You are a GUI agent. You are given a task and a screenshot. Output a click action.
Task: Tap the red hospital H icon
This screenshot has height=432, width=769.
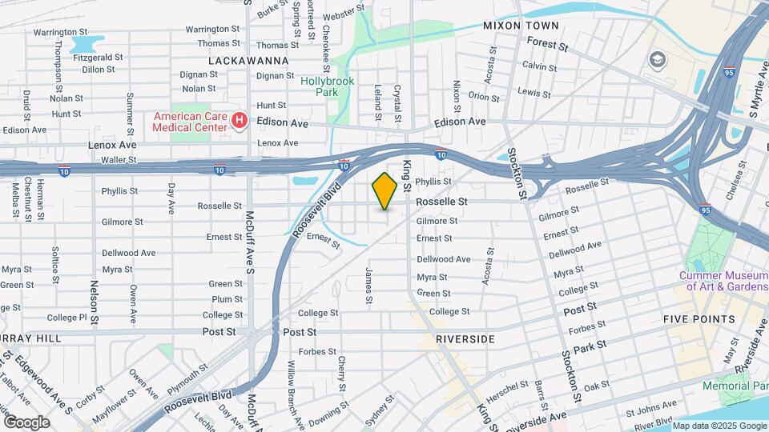click(x=238, y=122)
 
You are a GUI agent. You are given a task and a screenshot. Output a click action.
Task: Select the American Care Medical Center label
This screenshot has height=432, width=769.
click(x=189, y=122)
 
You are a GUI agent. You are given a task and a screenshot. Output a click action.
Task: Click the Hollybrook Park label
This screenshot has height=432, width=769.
click(x=320, y=86)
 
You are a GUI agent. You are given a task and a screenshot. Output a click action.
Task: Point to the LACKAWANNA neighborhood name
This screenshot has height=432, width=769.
click(x=243, y=60)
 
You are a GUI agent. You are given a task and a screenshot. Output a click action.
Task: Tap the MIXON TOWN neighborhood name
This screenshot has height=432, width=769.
click(x=520, y=26)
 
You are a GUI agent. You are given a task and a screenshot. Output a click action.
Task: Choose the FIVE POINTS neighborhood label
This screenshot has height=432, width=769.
click(x=699, y=319)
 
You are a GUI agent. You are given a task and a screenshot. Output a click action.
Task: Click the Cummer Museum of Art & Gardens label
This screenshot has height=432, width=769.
click(x=723, y=281)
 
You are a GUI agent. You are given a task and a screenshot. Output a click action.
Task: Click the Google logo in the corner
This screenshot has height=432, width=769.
click(x=26, y=422)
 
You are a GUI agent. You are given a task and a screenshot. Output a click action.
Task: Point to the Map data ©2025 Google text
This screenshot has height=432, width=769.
click(x=719, y=426)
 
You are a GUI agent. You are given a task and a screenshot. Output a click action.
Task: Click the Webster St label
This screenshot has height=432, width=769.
click(x=338, y=14)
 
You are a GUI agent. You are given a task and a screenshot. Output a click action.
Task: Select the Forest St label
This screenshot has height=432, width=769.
click(x=548, y=47)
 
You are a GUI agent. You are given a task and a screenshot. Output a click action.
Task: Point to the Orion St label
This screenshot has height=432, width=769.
click(x=484, y=98)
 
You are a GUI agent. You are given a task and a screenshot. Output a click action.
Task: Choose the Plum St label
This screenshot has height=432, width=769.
click(x=227, y=299)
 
